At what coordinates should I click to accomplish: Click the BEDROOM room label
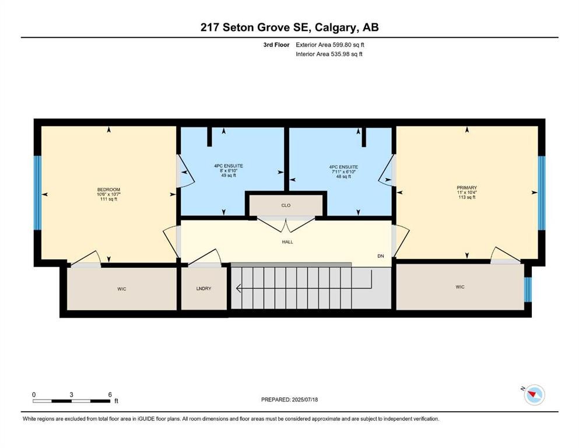(x=108, y=190)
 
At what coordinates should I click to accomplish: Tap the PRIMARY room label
(x=466, y=188)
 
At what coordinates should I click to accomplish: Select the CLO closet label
(x=286, y=205)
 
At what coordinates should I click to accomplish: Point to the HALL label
(x=287, y=242)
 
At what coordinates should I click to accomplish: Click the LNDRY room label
(x=203, y=289)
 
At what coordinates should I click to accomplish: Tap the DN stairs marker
(x=380, y=256)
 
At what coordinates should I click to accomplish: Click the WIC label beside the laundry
(x=122, y=289)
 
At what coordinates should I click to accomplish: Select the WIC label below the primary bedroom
(x=461, y=287)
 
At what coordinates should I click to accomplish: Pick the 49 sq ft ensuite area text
(x=228, y=176)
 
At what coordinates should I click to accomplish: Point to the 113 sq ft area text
(x=466, y=197)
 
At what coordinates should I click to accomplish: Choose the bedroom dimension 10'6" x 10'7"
(x=108, y=194)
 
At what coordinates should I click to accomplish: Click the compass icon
(x=534, y=395)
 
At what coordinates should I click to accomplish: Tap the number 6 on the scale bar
(x=110, y=395)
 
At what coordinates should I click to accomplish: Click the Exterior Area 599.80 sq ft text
(x=331, y=44)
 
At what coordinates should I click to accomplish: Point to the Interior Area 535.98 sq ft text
(x=329, y=54)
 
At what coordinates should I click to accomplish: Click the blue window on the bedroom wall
(x=38, y=193)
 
